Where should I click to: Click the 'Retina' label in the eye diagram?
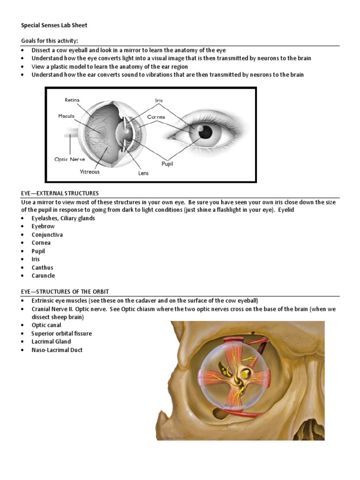(72, 100)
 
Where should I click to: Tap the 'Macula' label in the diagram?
(66, 116)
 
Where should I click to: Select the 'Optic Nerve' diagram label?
(70, 159)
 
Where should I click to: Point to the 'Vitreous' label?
(89, 172)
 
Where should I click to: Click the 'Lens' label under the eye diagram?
(143, 173)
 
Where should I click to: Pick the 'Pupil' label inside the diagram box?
(167, 164)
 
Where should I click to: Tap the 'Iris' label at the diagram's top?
(159, 100)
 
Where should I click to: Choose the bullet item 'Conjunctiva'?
(47, 234)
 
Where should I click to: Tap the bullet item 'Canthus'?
(42, 267)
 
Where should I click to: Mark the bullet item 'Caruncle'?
(43, 276)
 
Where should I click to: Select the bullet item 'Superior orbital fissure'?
(61, 333)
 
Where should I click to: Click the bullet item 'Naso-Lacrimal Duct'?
(57, 350)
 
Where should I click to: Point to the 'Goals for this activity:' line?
(52, 41)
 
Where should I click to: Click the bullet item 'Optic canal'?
(46, 325)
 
